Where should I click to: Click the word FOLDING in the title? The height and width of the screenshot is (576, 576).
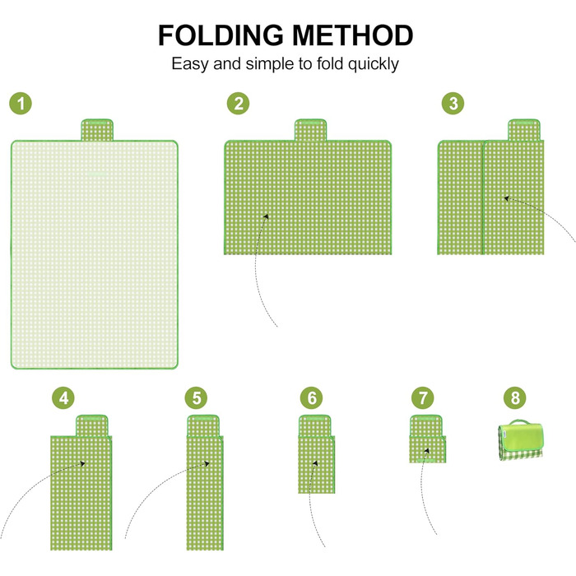221,35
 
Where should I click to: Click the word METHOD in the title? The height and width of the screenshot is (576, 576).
353,35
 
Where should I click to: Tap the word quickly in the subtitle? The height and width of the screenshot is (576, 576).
374,65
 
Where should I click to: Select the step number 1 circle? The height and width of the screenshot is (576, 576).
21,103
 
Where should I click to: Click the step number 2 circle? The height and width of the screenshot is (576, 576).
238,103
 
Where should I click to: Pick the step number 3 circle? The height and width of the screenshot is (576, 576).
453,103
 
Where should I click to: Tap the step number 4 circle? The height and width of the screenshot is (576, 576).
63,397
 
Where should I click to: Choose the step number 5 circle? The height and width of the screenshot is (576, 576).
196,397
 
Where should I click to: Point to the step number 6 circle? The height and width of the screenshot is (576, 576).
312,397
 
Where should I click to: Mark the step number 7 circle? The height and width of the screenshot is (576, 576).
422,397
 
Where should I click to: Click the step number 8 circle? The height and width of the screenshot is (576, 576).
515,397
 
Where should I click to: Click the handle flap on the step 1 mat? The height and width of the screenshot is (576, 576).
97,130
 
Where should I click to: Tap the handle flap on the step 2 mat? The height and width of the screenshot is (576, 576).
310,130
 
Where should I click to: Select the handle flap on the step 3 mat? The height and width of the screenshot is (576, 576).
524,130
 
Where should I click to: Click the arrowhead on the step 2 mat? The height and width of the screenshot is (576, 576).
267,216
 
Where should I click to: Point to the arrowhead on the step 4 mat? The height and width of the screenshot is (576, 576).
82,463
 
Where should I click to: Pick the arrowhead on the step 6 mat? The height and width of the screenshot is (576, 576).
315,463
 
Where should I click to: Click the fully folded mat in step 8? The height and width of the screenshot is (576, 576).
521,440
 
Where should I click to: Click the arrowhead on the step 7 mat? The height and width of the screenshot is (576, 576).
427,450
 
